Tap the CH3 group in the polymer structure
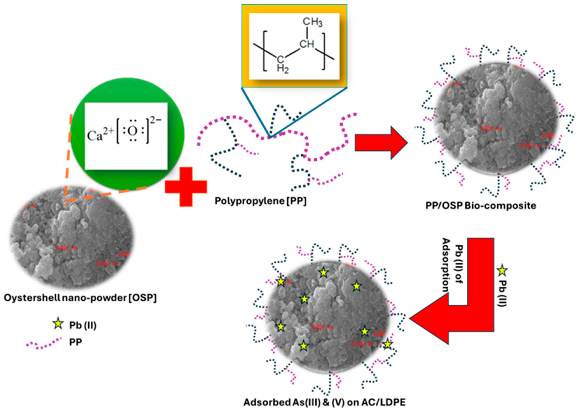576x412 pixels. pos(312,22)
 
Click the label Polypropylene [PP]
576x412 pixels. pos(260,201)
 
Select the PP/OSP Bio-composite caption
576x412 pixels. pos(481,205)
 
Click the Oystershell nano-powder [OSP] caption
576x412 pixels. pos(80,298)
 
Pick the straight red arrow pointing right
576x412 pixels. pos(381,143)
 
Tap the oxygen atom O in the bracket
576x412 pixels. pos(132,131)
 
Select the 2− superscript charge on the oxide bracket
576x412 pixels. pos(155,120)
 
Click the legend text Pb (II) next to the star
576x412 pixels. pos(83,325)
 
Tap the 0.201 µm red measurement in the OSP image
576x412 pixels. pos(66,247)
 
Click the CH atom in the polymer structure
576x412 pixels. pos(307,44)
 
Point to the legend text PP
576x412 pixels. pos(75,342)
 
